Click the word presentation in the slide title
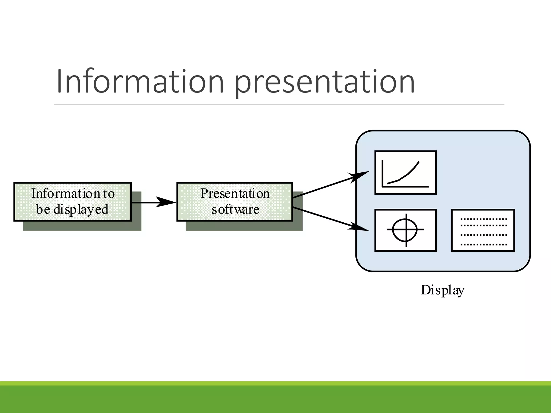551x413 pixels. tap(325, 82)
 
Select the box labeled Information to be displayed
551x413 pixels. tap(73, 202)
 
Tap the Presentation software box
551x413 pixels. tap(235, 202)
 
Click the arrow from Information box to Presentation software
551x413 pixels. tap(153, 202)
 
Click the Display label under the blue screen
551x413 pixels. tap(442, 290)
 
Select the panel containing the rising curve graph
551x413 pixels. tap(405, 172)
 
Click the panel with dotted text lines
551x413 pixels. tap(483, 230)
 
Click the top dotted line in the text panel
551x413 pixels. tap(483, 219)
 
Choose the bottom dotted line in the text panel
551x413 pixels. tap(483, 245)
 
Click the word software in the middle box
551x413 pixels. tap(235, 209)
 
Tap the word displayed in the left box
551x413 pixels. tap(81, 210)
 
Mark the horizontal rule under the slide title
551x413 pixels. tap(279, 105)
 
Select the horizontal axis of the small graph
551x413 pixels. tap(405, 186)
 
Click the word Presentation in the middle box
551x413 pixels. tap(235, 194)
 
